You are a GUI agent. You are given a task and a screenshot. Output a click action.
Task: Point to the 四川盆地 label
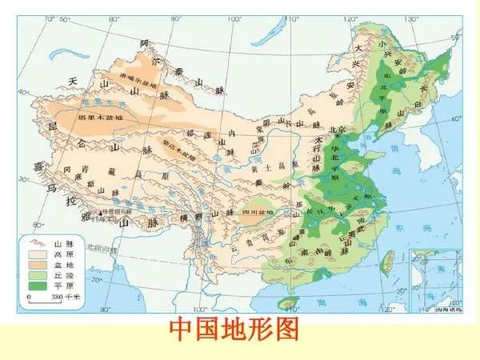(x=257, y=214)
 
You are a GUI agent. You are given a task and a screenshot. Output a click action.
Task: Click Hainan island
(x=288, y=303)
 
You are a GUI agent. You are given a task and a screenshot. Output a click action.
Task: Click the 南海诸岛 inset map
(x=435, y=280)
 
